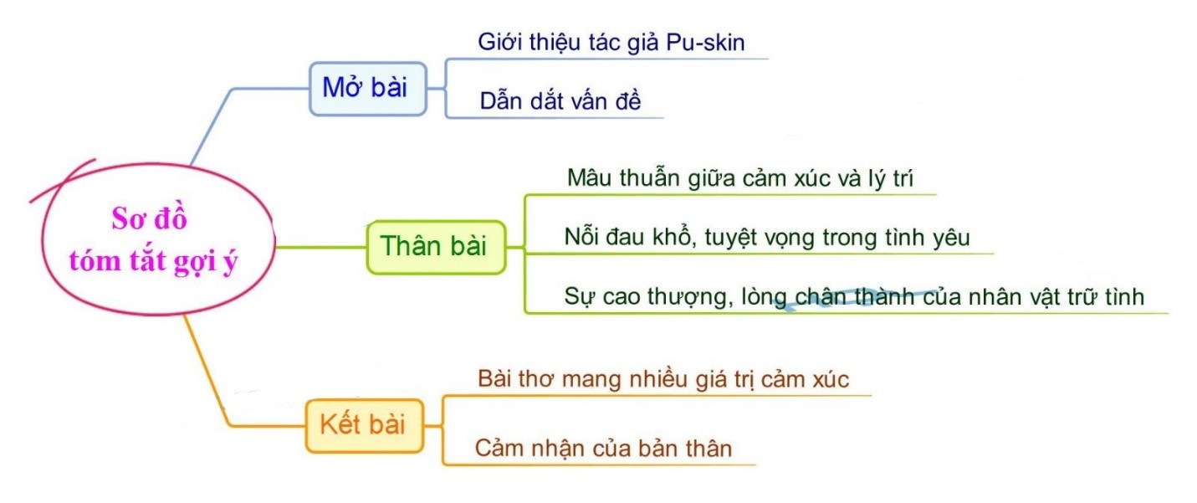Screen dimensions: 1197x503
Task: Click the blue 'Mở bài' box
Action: [x=368, y=89]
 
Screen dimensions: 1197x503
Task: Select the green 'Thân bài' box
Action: [x=436, y=247]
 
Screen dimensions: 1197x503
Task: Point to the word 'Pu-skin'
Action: [x=705, y=43]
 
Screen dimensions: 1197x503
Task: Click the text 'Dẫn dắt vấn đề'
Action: [x=560, y=101]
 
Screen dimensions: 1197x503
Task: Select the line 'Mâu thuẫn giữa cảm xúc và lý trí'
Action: [x=740, y=178]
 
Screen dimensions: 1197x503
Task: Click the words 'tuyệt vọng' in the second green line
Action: [x=761, y=238]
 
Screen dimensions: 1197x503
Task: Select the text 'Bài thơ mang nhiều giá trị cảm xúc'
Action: [x=663, y=379]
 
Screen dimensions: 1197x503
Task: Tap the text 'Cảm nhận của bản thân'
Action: [x=603, y=448]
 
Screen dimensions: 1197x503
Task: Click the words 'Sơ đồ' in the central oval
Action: [x=149, y=218]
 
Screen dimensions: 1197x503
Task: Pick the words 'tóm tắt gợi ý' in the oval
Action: [x=153, y=261]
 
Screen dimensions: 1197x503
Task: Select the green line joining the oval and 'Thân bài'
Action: [x=321, y=247]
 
